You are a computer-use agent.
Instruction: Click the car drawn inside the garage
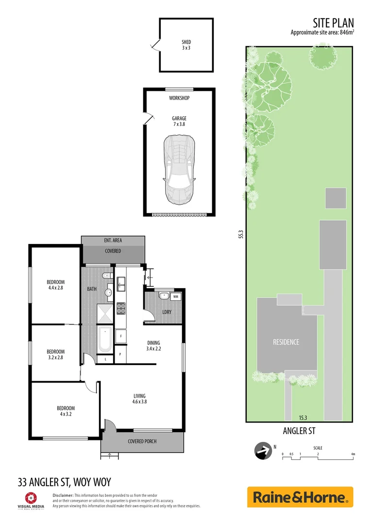[x=179, y=169]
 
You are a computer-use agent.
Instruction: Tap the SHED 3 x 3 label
[x=186, y=45]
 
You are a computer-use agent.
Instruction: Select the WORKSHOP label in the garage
[x=179, y=98]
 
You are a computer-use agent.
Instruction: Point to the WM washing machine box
[x=175, y=296]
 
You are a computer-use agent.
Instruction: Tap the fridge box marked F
[x=120, y=336]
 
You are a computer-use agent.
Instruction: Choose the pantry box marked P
[x=120, y=355]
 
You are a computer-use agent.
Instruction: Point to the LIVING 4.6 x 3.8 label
[x=139, y=399]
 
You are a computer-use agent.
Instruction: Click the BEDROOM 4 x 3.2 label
[x=66, y=411]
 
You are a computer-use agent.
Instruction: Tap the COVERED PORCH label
[x=142, y=441]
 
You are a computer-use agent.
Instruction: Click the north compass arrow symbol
[x=264, y=451]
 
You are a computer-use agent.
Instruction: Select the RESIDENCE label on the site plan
[x=286, y=342]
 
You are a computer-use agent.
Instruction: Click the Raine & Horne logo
[x=300, y=497]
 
